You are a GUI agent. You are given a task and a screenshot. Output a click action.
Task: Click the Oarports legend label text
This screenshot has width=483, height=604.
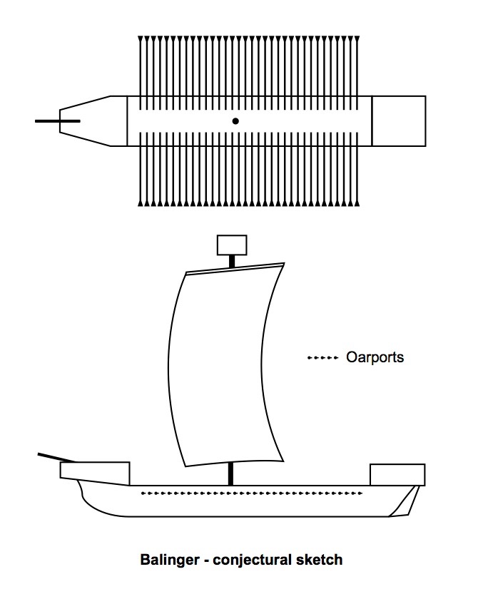pyautogui.click(x=375, y=357)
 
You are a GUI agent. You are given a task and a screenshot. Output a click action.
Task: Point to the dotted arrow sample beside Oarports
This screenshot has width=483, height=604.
pyautogui.click(x=322, y=357)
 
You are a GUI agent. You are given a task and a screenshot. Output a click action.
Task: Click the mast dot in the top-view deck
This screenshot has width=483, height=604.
pyautogui.click(x=235, y=121)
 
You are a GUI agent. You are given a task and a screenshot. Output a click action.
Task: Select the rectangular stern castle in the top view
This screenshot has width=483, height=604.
pyautogui.click(x=398, y=121)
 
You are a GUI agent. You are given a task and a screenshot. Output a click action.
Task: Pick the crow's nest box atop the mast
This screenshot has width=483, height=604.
pyautogui.click(x=231, y=245)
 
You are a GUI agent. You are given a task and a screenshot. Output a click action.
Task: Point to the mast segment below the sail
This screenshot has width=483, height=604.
pyautogui.click(x=231, y=474)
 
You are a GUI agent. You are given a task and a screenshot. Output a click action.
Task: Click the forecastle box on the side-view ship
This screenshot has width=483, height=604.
pyautogui.click(x=94, y=471)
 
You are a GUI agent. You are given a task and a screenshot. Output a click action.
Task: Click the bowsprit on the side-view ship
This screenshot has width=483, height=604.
pyautogui.click(x=53, y=456)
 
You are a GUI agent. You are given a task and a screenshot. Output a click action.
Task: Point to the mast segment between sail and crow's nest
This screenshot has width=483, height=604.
pyautogui.click(x=231, y=261)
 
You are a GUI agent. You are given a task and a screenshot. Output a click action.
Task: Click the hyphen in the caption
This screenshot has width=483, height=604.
pyautogui.click(x=206, y=561)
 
